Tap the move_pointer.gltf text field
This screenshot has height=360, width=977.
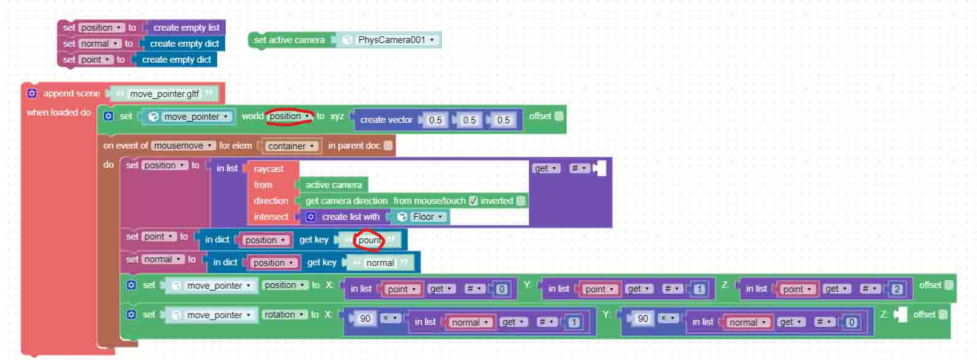165,94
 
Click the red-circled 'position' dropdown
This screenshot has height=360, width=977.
289,117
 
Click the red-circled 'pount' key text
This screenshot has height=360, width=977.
370,240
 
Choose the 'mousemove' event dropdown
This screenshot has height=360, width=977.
183,146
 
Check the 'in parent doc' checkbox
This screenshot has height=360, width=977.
387,146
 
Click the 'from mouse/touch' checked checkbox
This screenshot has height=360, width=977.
473,201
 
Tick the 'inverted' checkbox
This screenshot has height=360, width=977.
520,201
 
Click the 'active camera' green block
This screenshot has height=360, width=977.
333,185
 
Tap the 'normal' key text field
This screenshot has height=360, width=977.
380,263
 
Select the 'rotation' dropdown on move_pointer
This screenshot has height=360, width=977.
284,315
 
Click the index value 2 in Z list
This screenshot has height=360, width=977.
897,289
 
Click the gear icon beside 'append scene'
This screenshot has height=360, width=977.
32,93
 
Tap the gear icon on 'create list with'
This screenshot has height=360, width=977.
311,217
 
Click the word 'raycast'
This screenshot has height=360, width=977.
268,169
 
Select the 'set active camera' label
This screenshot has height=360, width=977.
289,40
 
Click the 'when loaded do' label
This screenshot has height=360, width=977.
59,112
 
